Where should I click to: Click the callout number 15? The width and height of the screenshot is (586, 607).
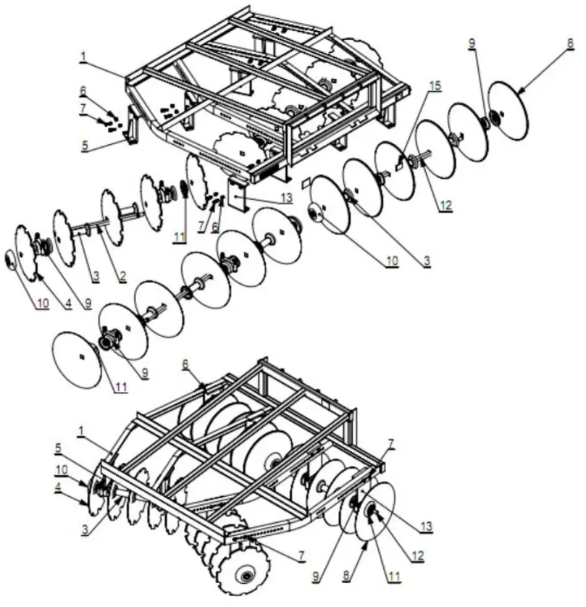pos(435,85)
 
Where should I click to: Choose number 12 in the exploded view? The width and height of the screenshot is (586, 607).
pos(445,206)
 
